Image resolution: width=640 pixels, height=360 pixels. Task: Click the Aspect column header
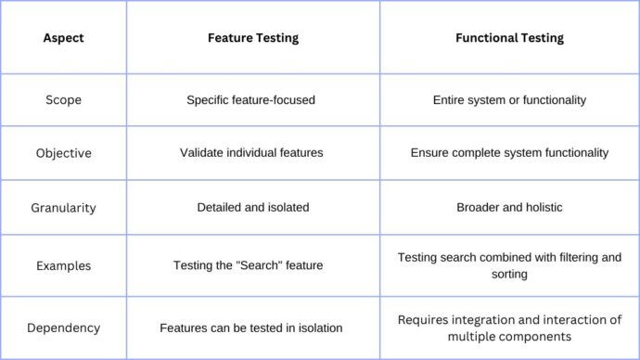[63, 38]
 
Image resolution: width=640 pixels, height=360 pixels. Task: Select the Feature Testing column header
[251, 38]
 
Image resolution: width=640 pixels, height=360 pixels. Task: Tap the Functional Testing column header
[509, 38]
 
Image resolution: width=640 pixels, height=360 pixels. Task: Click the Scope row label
[63, 100]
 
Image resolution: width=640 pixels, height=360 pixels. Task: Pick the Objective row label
[63, 152]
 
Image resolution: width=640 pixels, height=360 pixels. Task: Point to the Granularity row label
[63, 208]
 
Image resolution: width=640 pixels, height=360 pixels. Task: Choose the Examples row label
[63, 265]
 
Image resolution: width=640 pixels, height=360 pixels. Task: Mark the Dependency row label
[63, 328]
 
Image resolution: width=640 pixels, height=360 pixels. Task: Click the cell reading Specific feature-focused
[251, 100]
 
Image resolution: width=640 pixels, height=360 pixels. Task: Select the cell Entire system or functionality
[509, 100]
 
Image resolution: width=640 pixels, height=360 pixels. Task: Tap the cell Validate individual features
[251, 152]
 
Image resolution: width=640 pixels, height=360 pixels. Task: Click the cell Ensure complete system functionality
[509, 152]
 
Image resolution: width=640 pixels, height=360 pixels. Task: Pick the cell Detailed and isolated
[251, 208]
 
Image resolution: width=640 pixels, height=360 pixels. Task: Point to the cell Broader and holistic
[509, 208]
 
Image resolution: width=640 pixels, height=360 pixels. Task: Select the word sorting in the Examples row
[509, 275]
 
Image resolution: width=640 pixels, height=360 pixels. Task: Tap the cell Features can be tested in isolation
[251, 328]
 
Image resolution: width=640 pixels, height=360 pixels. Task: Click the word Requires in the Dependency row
[422, 320]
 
